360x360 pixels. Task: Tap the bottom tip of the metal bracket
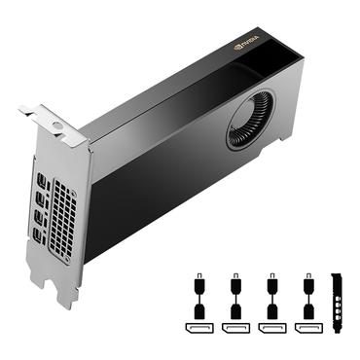click(66, 302)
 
